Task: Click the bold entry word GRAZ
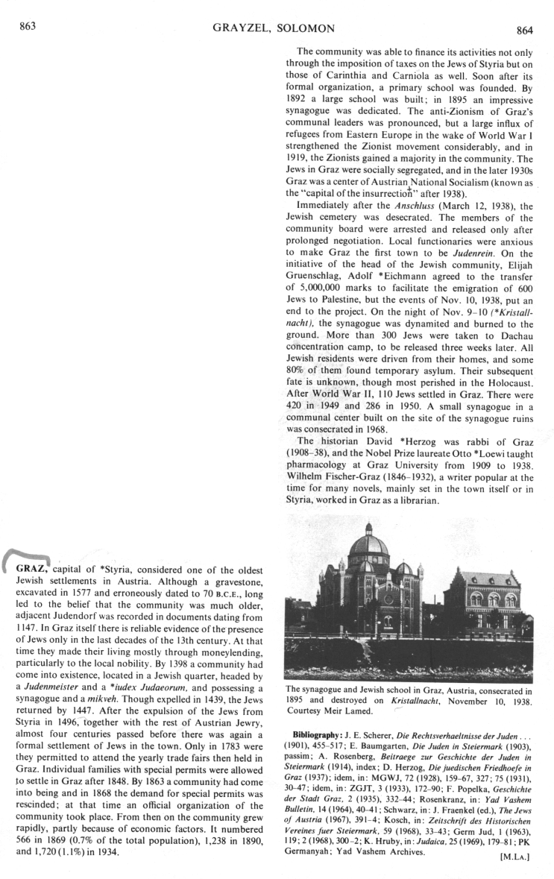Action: click(x=32, y=570)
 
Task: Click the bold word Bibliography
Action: click(x=318, y=724)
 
